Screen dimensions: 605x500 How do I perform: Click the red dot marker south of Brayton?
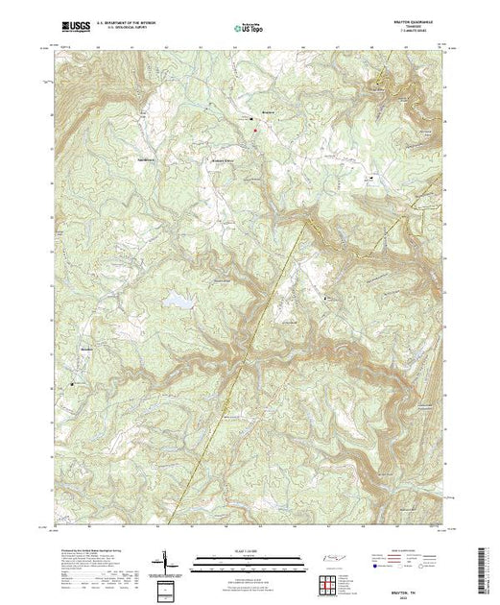tap(255, 132)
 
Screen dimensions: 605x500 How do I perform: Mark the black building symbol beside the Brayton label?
tap(254, 120)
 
